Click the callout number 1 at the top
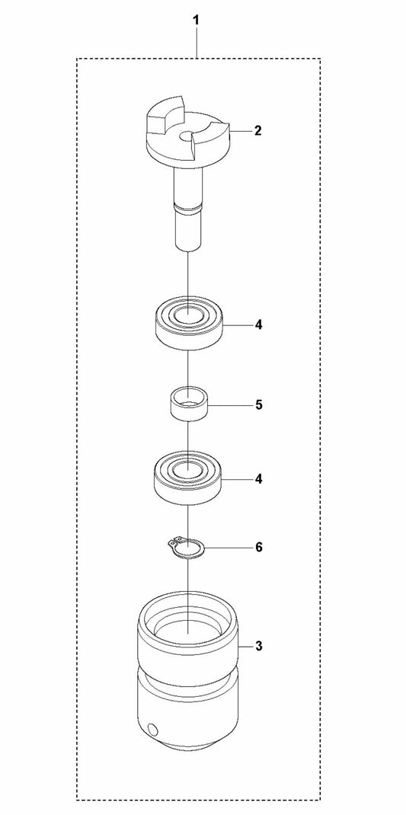coord(196,21)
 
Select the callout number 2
coord(257,130)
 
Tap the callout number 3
coord(258,647)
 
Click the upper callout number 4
coord(258,325)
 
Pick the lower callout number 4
coord(258,478)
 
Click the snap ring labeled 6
coord(187,548)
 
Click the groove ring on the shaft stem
coord(187,209)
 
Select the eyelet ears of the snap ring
coord(174,543)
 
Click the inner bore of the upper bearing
coord(187,315)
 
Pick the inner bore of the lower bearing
coord(187,468)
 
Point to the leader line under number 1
coord(196,43)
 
